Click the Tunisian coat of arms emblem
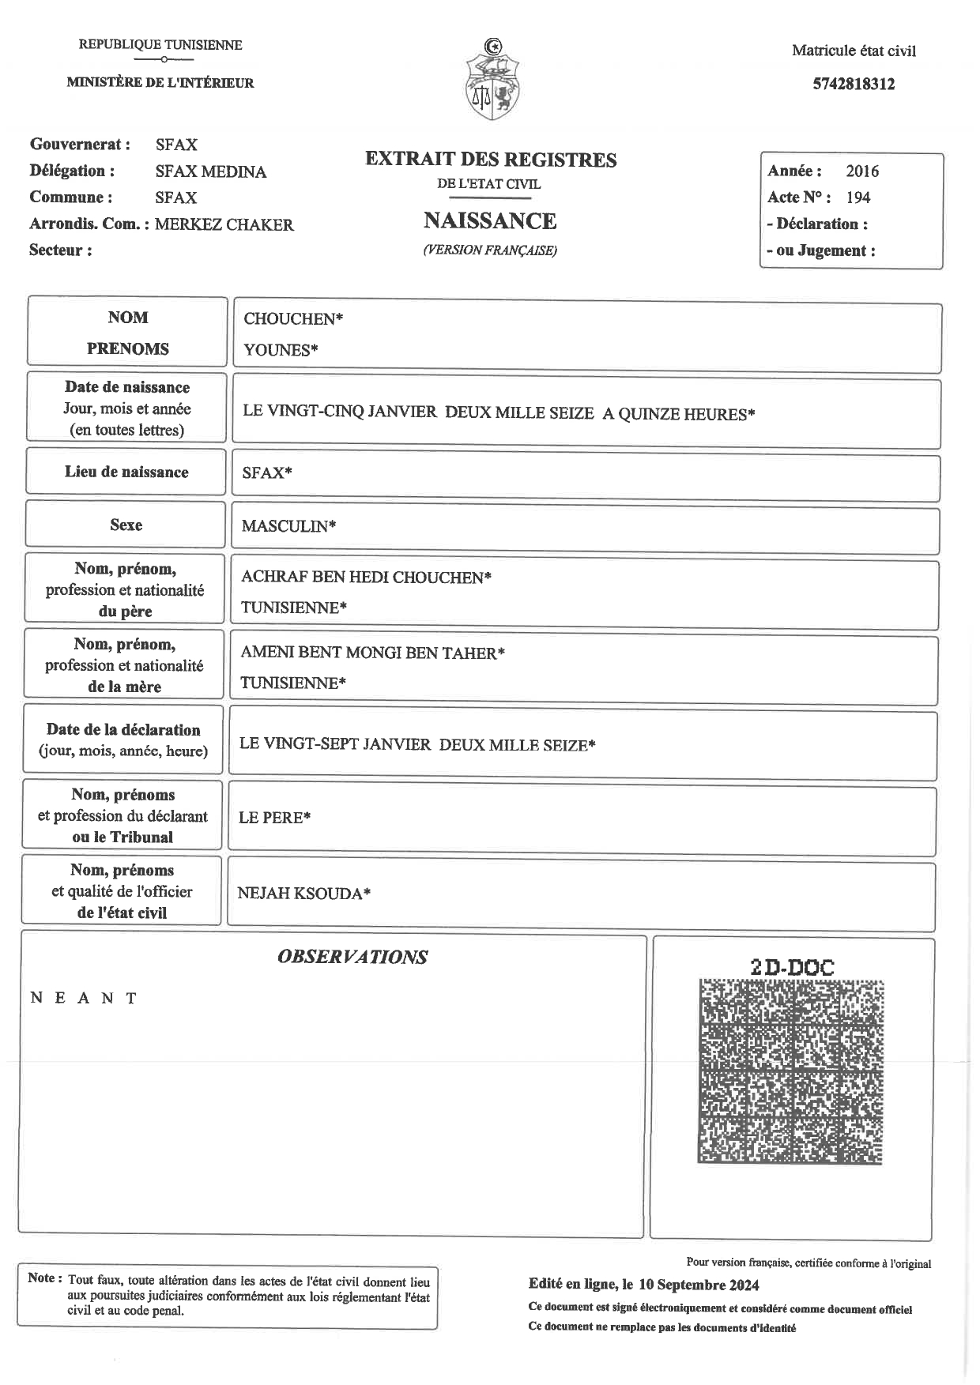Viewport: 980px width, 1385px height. click(x=492, y=80)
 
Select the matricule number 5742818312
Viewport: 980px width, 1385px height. click(x=854, y=85)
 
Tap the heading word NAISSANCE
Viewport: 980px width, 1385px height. click(x=490, y=220)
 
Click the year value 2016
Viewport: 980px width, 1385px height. click(x=862, y=171)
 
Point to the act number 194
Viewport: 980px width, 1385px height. click(x=858, y=198)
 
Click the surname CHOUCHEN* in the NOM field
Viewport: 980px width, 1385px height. click(x=293, y=319)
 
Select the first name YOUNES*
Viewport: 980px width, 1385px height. click(x=281, y=350)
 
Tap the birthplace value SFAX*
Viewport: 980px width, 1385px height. click(x=267, y=472)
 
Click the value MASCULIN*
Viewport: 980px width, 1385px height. click(x=288, y=526)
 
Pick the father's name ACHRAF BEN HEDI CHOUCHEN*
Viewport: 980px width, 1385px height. click(x=366, y=578)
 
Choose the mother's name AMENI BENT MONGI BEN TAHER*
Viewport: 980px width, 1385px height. click(x=372, y=653)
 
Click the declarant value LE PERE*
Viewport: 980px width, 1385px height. click(x=274, y=818)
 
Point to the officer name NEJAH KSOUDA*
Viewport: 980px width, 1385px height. click(x=304, y=894)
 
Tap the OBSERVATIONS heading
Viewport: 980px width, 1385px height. click(x=352, y=957)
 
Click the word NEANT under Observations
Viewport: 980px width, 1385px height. click(x=84, y=998)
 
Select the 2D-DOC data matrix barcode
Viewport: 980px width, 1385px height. click(x=790, y=1071)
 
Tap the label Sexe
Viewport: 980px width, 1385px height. click(x=126, y=525)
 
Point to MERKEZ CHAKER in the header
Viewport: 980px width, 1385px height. click(x=224, y=224)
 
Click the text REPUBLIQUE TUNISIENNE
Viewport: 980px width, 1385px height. click(x=160, y=45)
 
